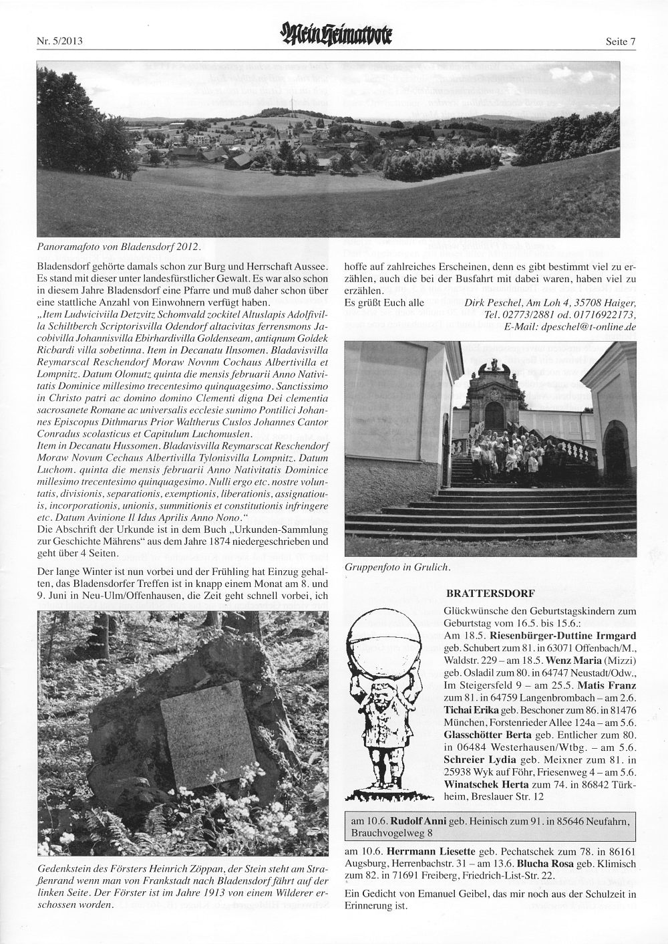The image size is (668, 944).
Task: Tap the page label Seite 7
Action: click(x=619, y=41)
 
